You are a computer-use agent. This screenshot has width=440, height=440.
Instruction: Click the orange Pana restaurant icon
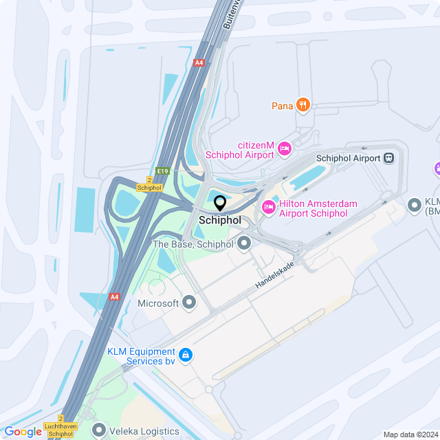[303, 105]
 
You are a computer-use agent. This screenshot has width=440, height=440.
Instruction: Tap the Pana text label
[282, 106]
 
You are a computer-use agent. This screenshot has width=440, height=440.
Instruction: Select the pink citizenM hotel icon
[284, 148]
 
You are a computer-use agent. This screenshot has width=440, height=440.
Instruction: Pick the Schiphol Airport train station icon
[389, 158]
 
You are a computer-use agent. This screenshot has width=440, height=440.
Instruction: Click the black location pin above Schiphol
[220, 203]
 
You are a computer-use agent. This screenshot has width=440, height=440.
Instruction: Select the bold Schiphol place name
[220, 221]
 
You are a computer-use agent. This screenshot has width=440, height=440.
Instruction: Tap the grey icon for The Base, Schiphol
[245, 243]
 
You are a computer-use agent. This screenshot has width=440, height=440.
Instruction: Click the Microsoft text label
[158, 303]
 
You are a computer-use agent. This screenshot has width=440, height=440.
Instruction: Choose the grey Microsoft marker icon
[189, 302]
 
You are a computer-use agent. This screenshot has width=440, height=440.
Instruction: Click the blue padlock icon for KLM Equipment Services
[184, 355]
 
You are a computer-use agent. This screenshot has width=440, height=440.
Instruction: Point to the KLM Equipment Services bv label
[141, 356]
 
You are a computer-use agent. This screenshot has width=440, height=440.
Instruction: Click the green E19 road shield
[162, 171]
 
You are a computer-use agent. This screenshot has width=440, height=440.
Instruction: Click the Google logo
[23, 432]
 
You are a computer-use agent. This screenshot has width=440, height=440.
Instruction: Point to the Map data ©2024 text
[410, 434]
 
